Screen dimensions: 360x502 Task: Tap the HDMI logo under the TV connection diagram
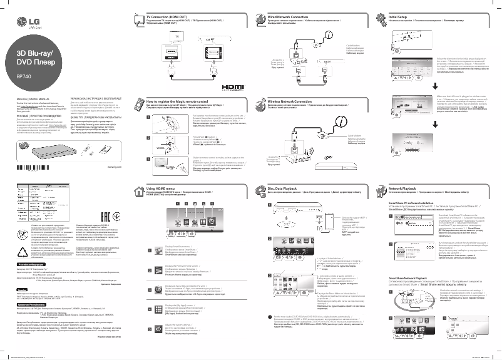click(231, 92)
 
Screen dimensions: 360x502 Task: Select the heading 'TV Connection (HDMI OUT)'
click(167, 13)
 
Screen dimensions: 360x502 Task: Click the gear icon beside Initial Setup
click(381, 14)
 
